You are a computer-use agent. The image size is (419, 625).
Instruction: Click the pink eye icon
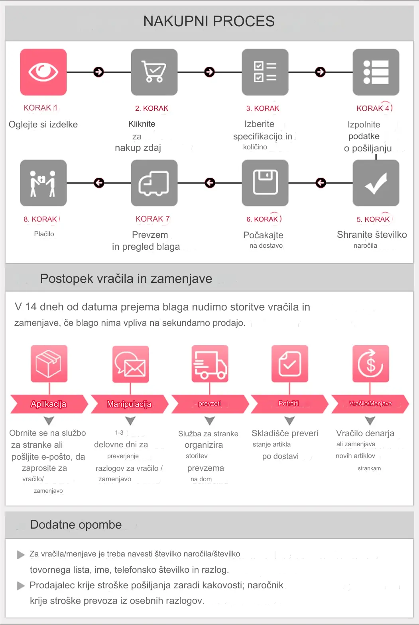point(43,72)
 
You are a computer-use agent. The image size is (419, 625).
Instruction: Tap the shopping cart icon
point(154,72)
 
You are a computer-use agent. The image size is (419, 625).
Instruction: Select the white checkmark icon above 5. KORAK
point(376,183)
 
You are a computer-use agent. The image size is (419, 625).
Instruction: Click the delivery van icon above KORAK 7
point(154,183)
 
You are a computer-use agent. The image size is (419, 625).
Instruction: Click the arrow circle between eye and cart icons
point(98,72)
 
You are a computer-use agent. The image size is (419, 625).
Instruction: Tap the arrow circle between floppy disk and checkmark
point(321,183)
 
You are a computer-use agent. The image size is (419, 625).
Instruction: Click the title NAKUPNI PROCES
point(209,21)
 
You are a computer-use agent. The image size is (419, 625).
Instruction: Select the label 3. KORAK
point(263,108)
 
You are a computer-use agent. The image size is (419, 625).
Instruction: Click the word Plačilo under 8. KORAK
point(44,234)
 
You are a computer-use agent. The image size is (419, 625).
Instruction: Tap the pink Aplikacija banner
point(49,404)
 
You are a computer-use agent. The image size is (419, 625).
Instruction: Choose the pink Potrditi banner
point(289,404)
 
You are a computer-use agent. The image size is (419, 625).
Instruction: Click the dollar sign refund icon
point(371,364)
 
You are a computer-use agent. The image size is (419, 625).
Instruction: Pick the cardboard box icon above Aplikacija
point(49,364)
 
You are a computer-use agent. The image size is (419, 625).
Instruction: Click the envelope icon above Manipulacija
point(130,364)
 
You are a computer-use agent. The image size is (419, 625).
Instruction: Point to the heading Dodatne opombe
point(76,525)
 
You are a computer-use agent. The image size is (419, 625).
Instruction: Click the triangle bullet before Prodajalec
point(21,586)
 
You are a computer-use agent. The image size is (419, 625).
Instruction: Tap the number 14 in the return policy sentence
point(31,307)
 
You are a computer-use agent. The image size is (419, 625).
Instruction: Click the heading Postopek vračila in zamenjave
point(126,278)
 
